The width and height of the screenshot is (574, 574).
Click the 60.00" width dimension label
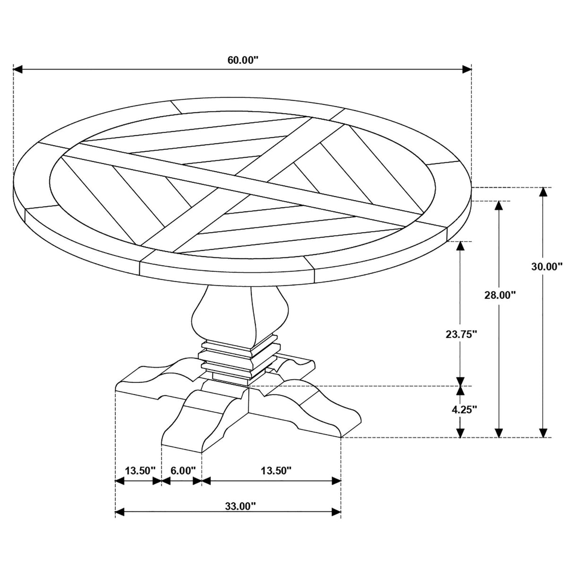pos(242,60)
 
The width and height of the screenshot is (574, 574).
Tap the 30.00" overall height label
pos(547,266)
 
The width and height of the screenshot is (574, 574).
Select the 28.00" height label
pos(500,295)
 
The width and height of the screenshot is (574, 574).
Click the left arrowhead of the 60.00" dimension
pos(18,70)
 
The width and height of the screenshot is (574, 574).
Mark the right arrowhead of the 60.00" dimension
pos(467,70)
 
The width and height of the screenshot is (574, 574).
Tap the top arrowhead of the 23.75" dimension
pos(461,246)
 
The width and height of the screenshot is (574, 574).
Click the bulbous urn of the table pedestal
pos(240,316)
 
